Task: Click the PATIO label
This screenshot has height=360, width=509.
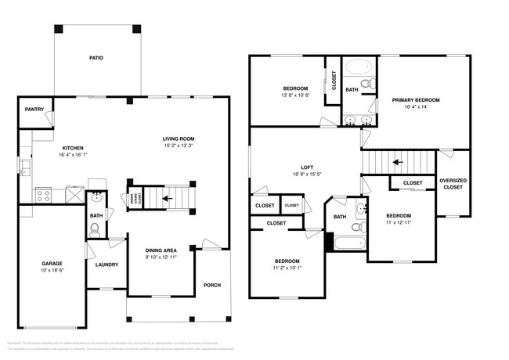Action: click(96, 58)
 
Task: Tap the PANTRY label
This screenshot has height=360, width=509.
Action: click(34, 110)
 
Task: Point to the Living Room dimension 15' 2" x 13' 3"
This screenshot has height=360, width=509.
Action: click(179, 146)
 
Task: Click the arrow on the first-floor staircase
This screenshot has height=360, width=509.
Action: click(165, 199)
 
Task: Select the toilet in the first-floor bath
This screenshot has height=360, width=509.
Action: click(96, 229)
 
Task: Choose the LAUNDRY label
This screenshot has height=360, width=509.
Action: click(106, 265)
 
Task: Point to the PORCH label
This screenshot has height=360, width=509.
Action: click(213, 285)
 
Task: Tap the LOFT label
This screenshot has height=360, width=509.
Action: click(308, 167)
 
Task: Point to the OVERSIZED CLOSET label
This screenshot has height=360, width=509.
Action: click(453, 184)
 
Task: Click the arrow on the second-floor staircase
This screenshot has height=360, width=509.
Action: click(398, 162)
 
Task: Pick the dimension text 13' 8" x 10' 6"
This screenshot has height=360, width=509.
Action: click(295, 95)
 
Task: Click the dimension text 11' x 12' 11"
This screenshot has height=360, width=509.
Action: click(398, 223)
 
